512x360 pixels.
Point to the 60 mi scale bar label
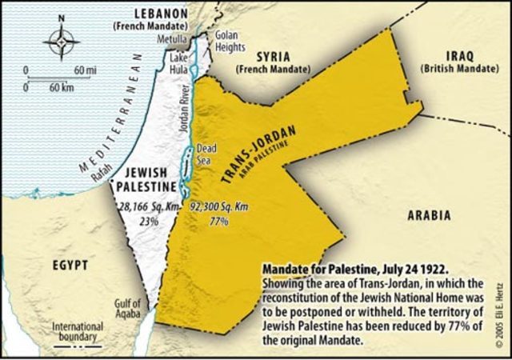[85, 70]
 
